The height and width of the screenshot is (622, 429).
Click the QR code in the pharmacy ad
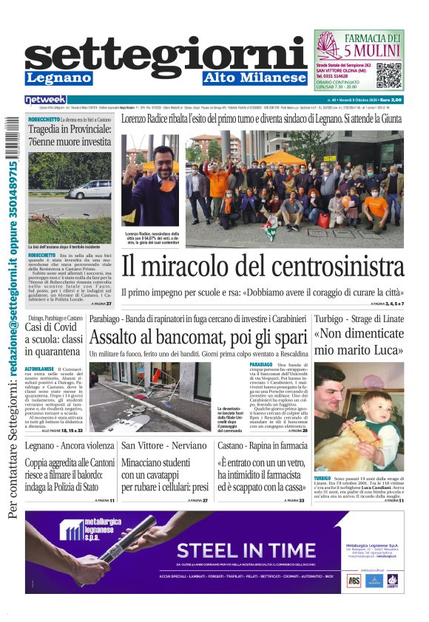390,76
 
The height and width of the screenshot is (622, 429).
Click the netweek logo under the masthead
45,100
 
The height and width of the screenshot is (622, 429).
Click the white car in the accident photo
90,190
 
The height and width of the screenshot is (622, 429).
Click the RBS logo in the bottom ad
354,581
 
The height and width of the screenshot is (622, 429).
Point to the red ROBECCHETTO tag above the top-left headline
44,118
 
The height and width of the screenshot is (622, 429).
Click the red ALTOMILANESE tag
40,368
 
